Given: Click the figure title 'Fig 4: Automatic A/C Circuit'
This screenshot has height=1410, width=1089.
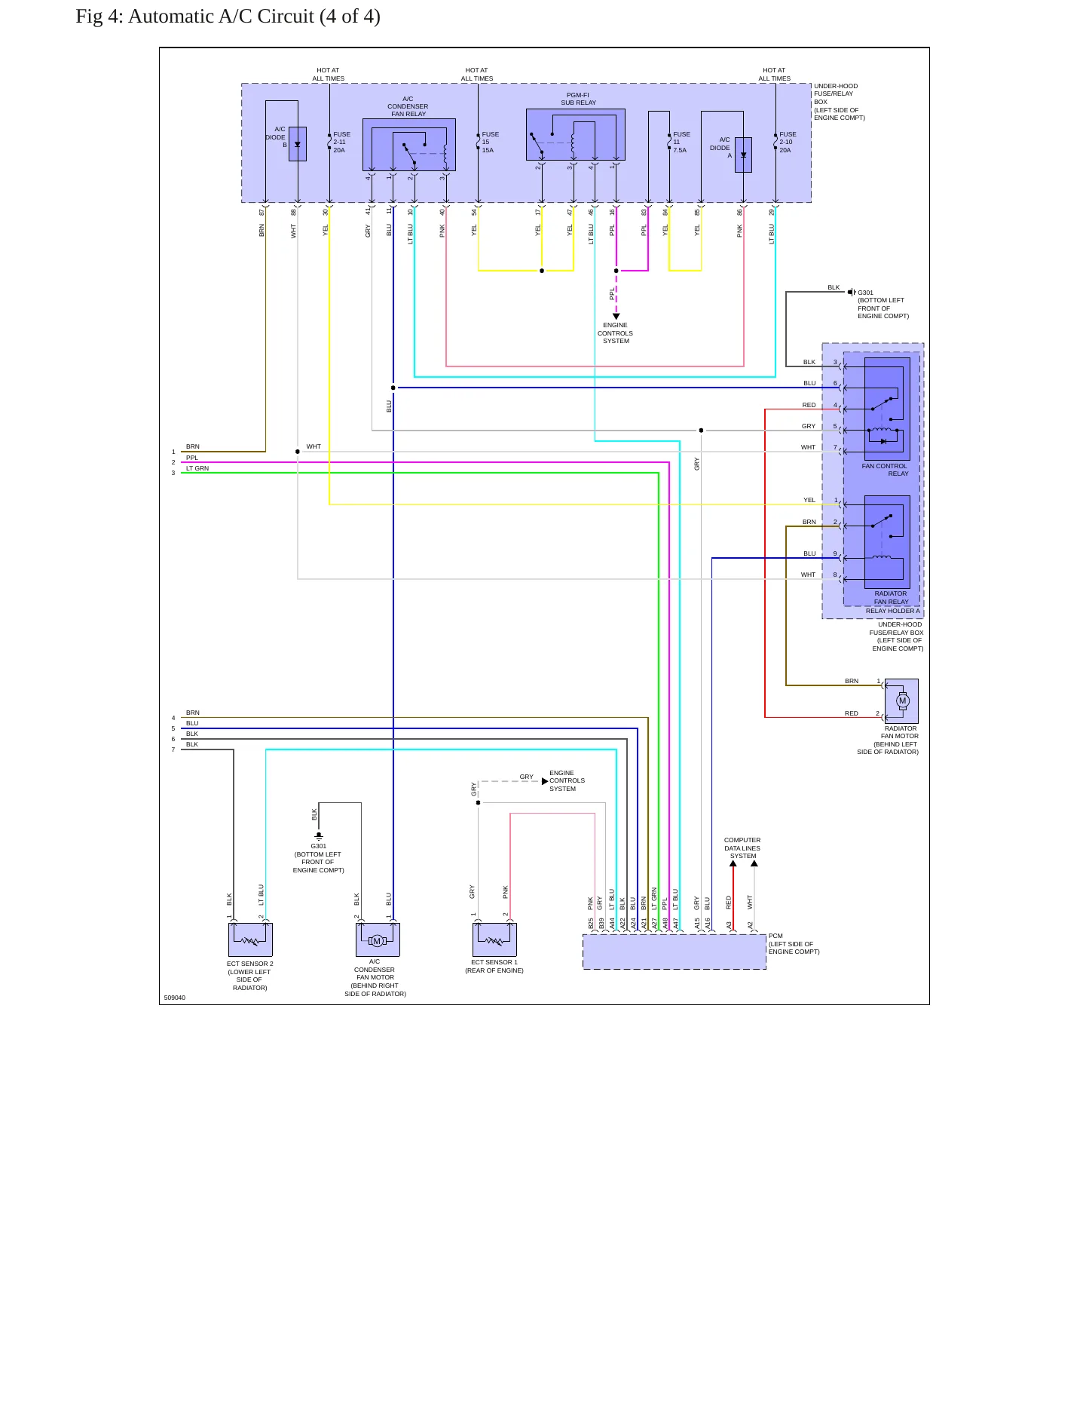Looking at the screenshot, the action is (194, 17).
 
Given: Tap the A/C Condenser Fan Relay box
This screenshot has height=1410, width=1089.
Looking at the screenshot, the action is (409, 145).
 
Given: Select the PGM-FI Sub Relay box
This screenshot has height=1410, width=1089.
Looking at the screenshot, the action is (576, 135).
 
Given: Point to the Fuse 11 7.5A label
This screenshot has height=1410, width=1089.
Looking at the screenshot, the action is (681, 143).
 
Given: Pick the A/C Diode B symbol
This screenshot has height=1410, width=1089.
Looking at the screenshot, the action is (298, 143).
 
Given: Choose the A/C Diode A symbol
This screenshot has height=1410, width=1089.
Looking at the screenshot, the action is (743, 155).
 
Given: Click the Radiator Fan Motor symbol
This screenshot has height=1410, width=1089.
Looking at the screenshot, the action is (901, 701).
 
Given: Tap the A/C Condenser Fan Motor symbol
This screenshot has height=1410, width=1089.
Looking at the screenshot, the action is (378, 940).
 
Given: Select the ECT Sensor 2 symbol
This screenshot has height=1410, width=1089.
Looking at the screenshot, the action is (250, 940).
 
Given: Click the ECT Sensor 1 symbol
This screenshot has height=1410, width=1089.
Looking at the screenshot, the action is (494, 940).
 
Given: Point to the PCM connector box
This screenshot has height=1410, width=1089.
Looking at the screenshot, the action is (675, 952).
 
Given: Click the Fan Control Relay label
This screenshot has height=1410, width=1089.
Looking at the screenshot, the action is (886, 470).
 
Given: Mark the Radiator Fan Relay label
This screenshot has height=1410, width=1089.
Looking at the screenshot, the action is (891, 598).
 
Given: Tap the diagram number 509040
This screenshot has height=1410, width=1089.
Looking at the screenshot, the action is (175, 998).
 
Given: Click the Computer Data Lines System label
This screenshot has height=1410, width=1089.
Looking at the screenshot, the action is (742, 848).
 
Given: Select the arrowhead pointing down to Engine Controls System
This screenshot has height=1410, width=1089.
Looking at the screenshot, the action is (616, 317).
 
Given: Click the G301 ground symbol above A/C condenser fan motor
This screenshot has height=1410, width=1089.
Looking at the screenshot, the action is (319, 835).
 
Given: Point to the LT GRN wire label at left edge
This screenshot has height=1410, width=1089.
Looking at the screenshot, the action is (197, 468).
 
